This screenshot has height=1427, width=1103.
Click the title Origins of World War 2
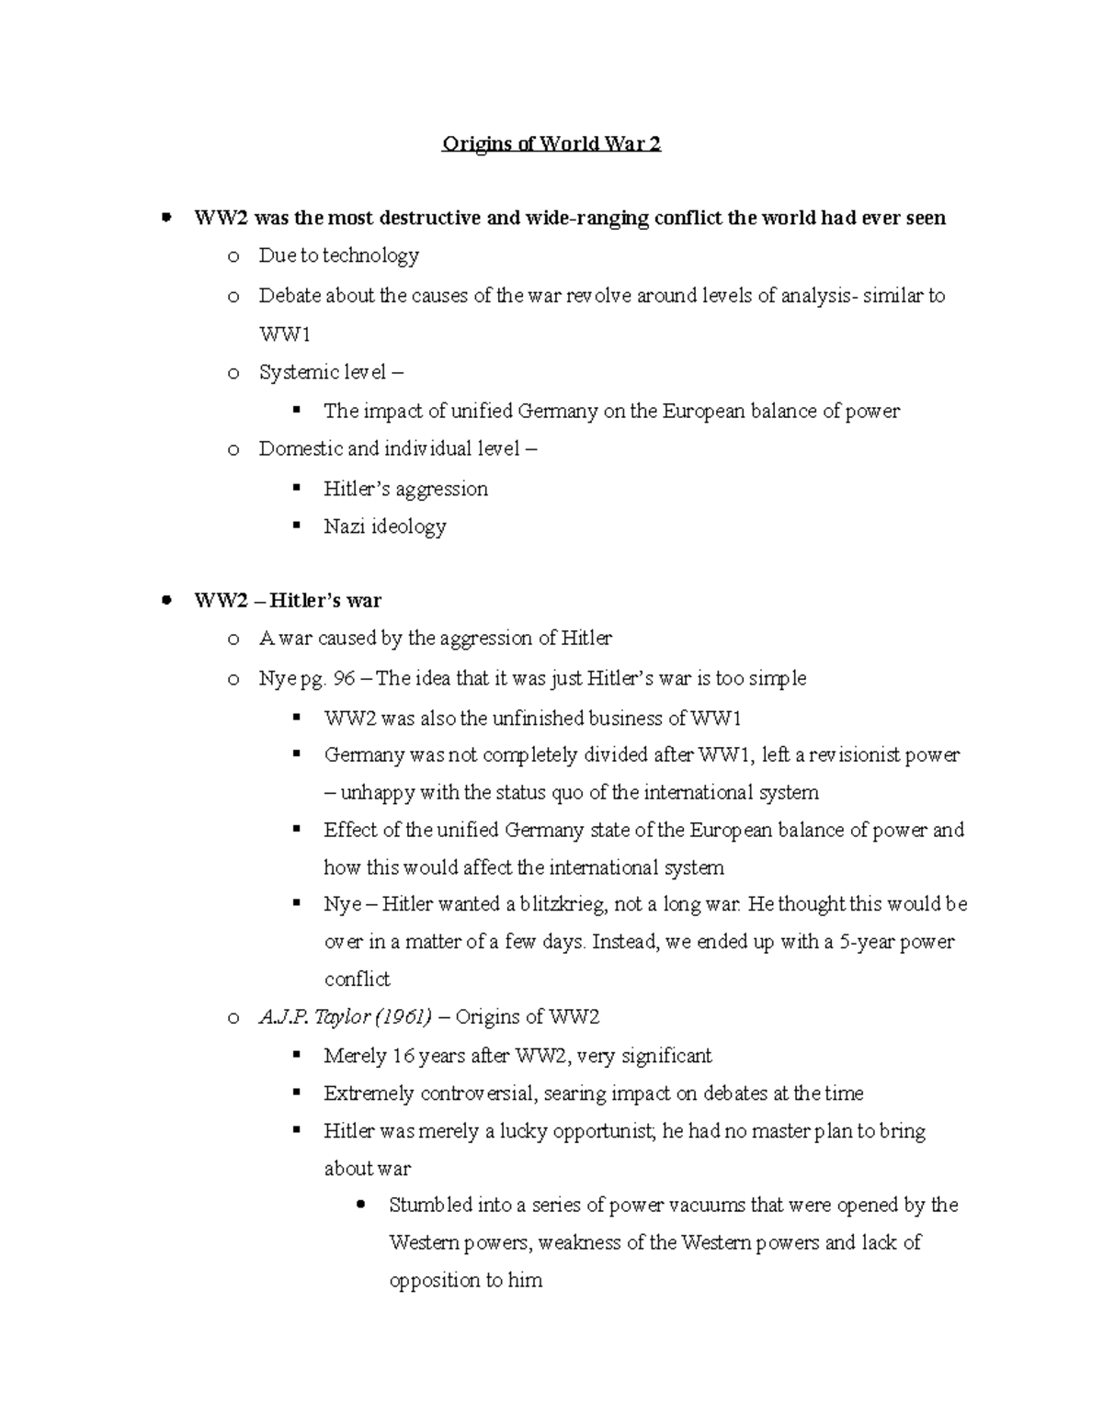(x=551, y=144)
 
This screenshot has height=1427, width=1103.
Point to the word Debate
(x=287, y=296)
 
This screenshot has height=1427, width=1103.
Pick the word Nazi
(x=344, y=527)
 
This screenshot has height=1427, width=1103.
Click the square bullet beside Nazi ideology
(x=296, y=526)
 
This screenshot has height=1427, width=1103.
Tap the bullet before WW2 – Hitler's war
(x=166, y=601)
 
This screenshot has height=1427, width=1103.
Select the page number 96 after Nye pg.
(x=345, y=679)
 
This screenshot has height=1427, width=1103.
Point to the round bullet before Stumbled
(x=360, y=1204)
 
